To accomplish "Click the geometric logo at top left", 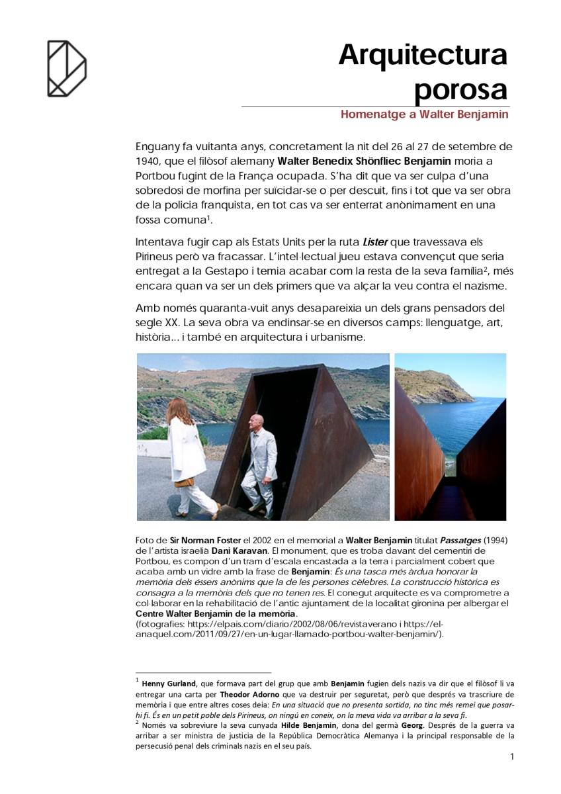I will point(66,68).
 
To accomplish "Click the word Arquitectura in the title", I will point(422,55).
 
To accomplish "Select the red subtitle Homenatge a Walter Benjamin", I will point(424,114).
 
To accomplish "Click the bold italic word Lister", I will point(375,242).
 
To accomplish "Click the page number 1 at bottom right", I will point(512,757).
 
